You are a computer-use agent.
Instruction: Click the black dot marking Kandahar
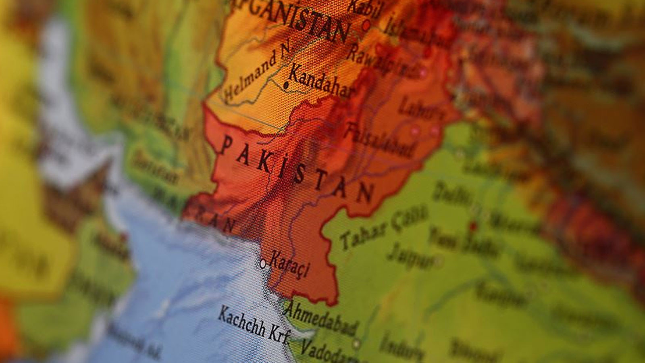[x=286, y=85]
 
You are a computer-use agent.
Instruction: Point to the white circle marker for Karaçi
[x=263, y=264]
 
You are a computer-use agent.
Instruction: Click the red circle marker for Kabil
[x=366, y=25]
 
